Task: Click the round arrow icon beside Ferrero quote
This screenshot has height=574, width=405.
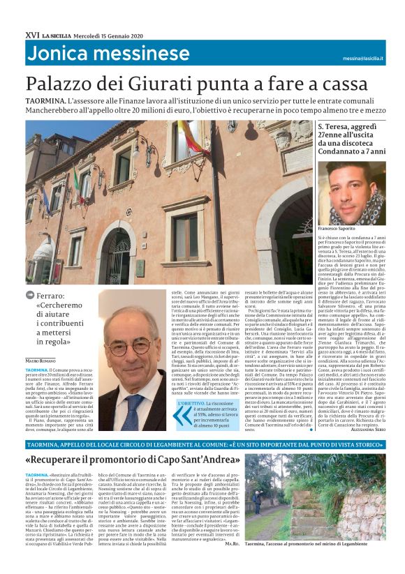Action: (30, 296)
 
